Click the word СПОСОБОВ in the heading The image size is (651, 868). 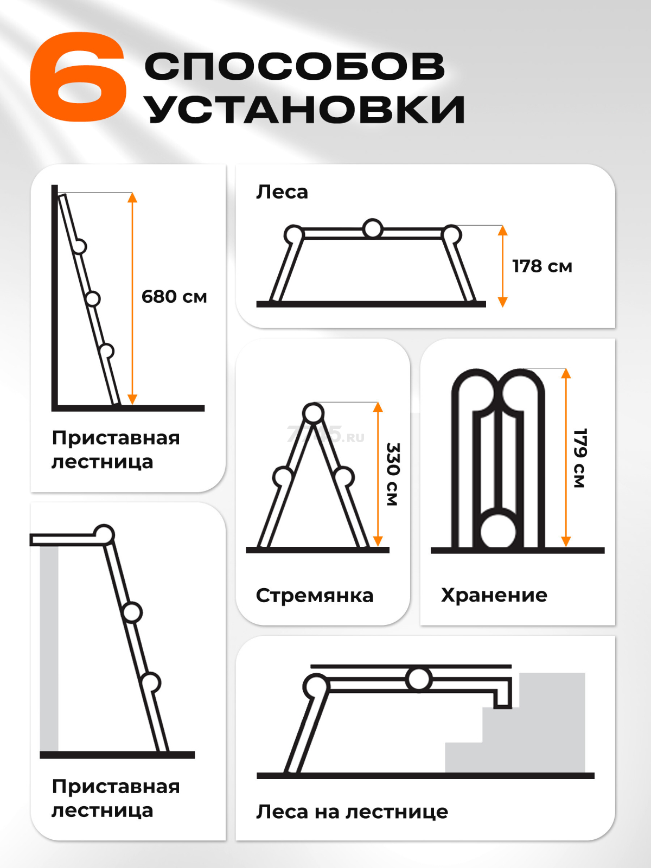coord(295,67)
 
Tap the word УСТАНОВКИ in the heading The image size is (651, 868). coord(305,109)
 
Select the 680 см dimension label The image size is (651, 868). coord(174,297)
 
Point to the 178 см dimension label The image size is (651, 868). coord(542,266)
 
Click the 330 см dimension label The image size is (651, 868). coord(393,474)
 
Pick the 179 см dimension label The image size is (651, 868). coord(580,458)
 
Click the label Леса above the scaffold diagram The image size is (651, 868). coord(282,192)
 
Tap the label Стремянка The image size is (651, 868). coord(315,596)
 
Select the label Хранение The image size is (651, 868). coord(494,595)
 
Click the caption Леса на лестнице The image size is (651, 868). coord(352,812)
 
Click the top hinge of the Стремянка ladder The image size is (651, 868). coord(313,413)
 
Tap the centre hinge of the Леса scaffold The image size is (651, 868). coord(373,228)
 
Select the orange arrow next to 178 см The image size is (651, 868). coord(502,266)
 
